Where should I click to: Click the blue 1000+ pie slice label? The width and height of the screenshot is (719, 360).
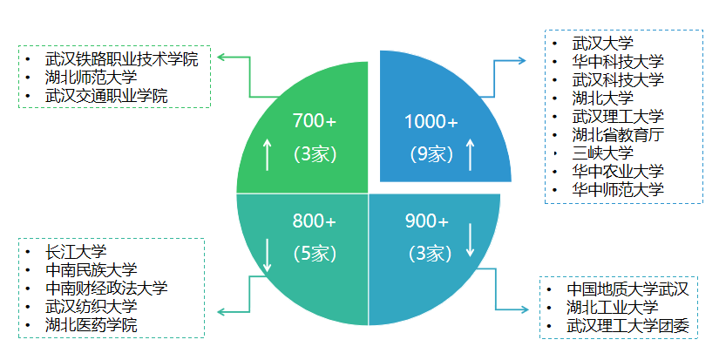click(431, 121)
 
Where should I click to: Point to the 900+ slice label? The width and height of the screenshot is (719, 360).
click(427, 221)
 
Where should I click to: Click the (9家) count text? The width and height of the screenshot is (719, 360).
click(431, 154)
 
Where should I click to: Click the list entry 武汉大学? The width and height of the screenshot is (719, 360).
click(602, 43)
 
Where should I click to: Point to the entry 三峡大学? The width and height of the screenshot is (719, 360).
click(602, 153)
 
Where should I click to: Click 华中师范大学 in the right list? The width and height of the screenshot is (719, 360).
click(618, 189)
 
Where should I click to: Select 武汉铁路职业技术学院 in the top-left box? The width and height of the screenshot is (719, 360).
click(121, 59)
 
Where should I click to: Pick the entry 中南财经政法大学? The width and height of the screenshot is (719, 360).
click(105, 289)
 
